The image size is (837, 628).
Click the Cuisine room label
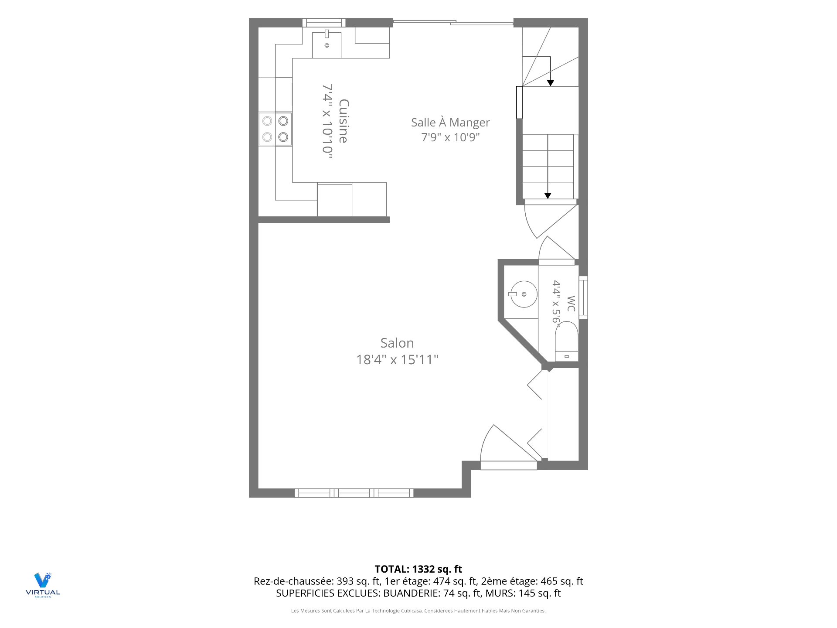point(344,121)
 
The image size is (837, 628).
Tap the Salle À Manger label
point(450,123)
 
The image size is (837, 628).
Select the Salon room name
point(397,343)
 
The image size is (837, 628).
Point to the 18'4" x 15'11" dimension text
point(397,360)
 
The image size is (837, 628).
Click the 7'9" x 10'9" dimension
point(450,137)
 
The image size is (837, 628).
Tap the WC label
point(571,304)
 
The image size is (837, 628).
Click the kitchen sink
point(327,43)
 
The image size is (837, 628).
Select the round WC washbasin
point(523,294)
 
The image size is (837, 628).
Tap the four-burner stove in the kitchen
point(275,129)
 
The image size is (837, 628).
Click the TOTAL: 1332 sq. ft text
point(418,569)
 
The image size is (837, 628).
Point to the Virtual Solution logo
point(43,585)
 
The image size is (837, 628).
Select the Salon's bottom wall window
point(354,493)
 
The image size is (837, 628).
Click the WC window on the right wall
point(583,297)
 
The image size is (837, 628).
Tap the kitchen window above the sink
point(324,23)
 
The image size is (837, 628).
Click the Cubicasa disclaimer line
point(418,611)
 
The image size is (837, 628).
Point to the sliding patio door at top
point(453,22)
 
